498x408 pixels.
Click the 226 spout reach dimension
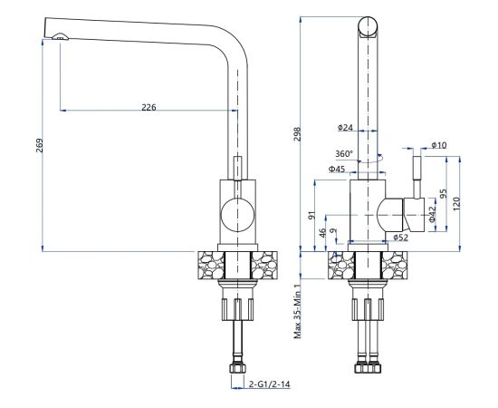coord(148,108)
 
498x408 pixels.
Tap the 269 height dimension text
coord(39,145)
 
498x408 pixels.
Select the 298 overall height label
coord(297,134)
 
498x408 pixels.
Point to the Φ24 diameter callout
coord(345,128)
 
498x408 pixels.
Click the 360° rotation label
coord(344,154)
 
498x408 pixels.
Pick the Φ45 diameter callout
coord(337,170)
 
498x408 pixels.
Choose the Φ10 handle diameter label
coord(439,145)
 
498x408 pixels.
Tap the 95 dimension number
coord(444,194)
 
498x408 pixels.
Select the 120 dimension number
coord(456,203)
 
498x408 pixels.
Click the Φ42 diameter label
coord(432,214)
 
